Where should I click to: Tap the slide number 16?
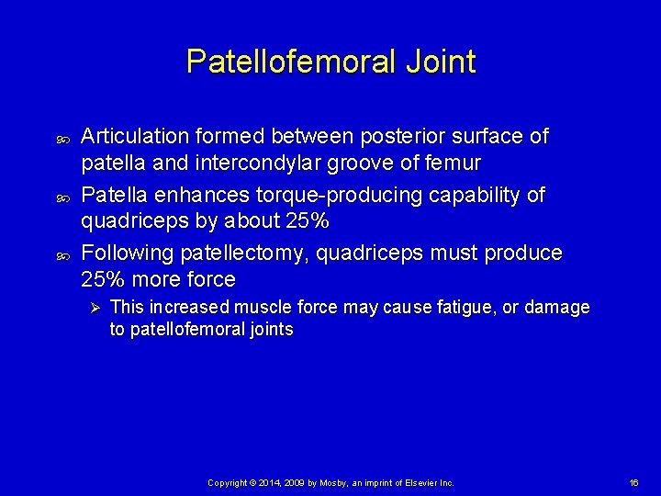[633, 482]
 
